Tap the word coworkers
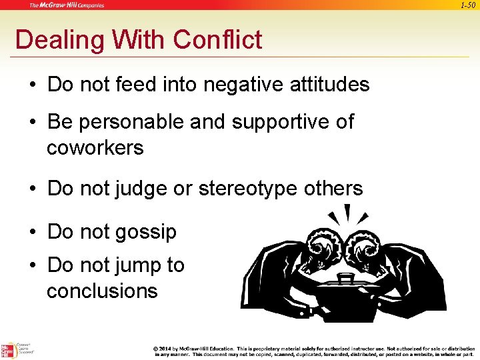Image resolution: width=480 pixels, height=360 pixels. pyautogui.click(x=95, y=147)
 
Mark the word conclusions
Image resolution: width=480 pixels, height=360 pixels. pyautogui.click(x=102, y=291)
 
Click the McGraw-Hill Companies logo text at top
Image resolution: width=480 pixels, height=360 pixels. pyautogui.click(x=67, y=5)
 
